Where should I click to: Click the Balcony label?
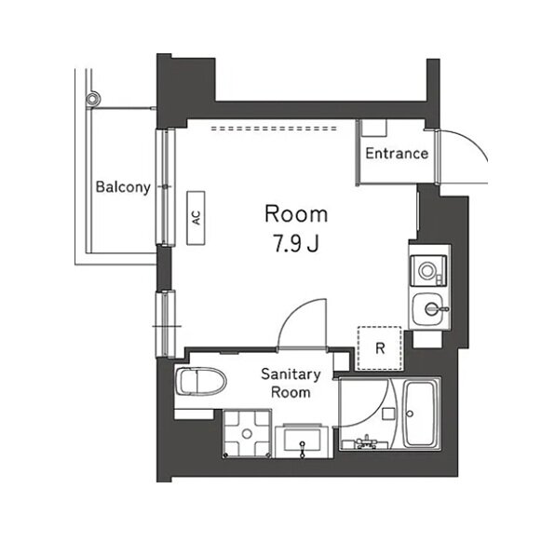pos(123,187)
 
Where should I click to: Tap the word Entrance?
pos(397,154)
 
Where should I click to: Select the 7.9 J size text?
pos(297,243)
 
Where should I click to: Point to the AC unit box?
pos(196,218)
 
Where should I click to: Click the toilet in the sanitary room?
pos(201,382)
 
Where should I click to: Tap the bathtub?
pos(420,414)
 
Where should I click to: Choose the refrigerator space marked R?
pos(380,348)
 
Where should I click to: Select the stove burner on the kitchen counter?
pos(427,271)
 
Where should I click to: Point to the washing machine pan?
pos(247,433)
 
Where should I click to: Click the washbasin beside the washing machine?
pos(302,440)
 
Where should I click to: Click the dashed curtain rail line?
pos(274,129)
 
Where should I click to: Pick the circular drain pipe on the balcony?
pos(93,99)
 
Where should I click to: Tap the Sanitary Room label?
pos(291,384)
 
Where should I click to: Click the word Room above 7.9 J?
pos(297,214)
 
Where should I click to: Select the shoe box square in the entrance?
pos(373,128)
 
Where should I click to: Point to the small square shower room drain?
pos(389,414)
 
